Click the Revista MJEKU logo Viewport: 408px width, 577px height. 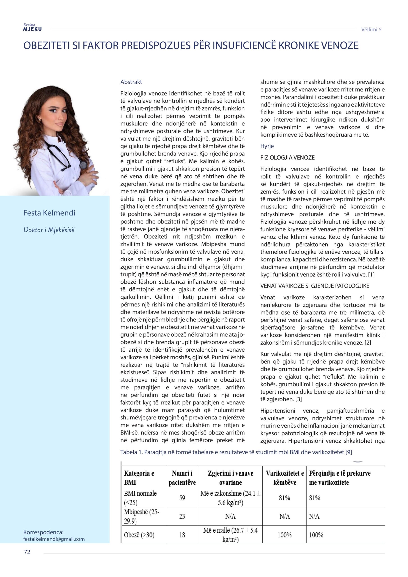[32, 27]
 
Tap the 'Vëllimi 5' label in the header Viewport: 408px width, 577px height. [371, 29]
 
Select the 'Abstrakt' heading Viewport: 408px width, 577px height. [131, 82]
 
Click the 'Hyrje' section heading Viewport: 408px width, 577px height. [267, 146]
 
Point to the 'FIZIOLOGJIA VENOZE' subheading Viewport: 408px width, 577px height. [287, 158]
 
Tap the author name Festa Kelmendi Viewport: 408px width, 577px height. [49, 213]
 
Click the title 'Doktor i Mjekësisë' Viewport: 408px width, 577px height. [49, 230]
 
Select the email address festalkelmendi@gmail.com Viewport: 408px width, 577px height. [54, 539]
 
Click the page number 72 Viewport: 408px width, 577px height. [27, 552]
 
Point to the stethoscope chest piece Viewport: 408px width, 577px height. [83, 165]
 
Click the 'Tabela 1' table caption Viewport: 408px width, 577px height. [236, 452]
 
